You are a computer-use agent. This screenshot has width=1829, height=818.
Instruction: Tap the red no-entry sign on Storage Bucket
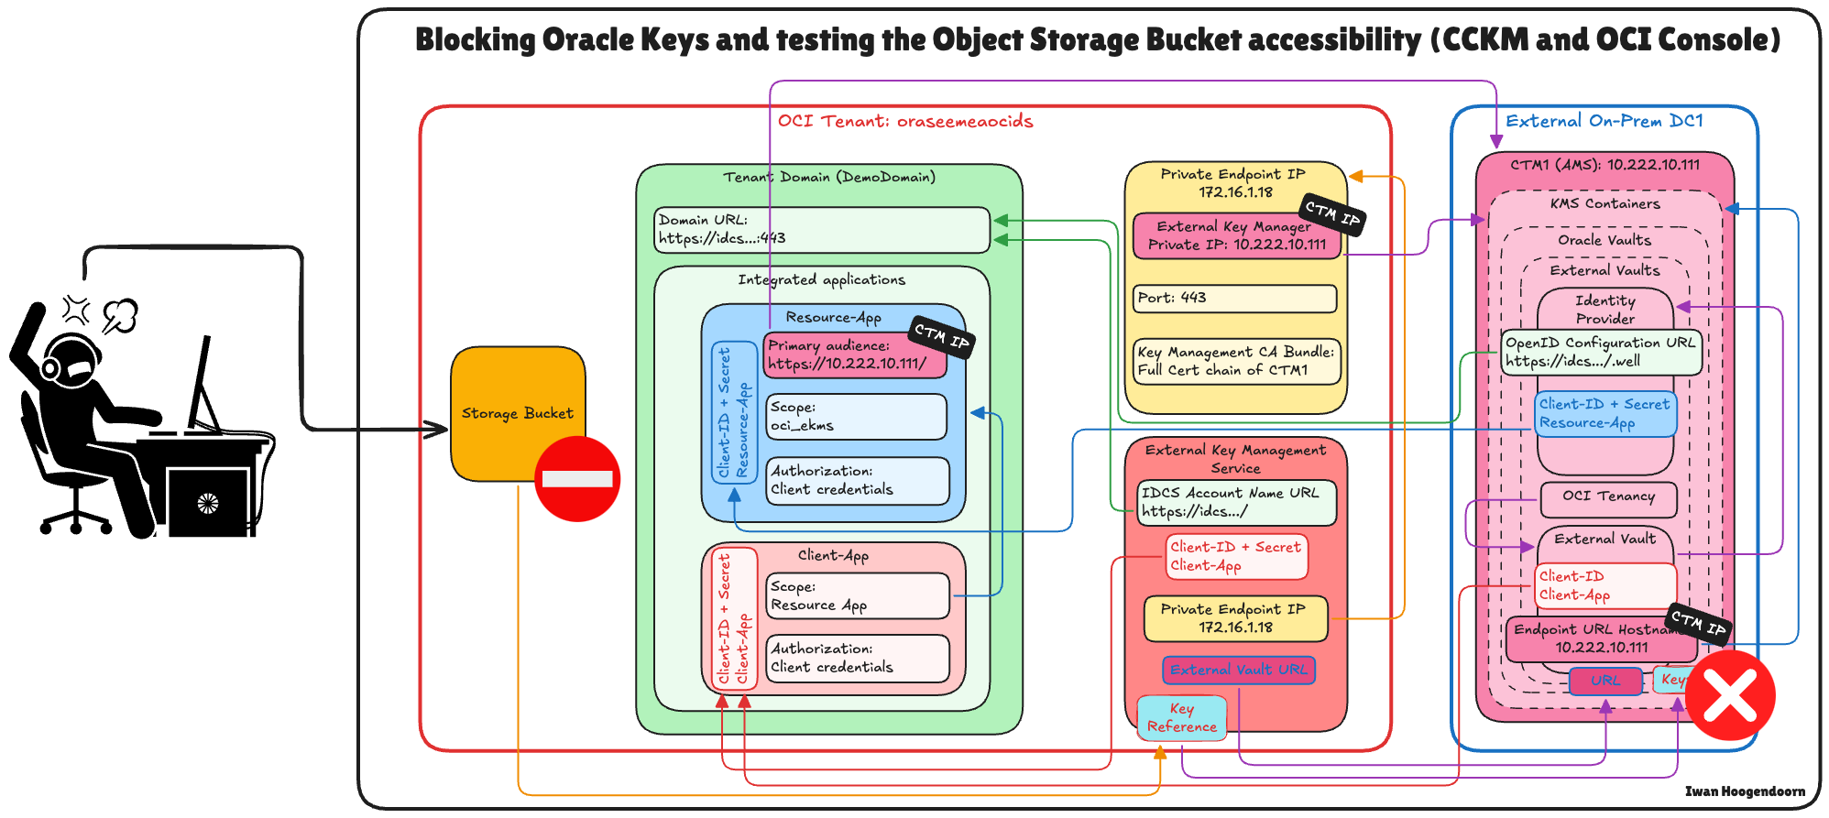point(577,479)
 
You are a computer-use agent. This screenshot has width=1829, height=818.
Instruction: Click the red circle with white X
point(1730,695)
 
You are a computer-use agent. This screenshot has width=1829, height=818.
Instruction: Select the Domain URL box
point(822,230)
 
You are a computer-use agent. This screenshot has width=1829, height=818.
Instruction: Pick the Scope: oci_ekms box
point(856,417)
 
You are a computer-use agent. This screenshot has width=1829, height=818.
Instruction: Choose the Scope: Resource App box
point(857,596)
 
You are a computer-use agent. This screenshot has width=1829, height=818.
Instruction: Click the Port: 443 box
point(1234,299)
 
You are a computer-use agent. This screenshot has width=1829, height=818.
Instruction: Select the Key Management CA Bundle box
point(1236,362)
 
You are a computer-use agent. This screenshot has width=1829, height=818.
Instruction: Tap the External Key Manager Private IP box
point(1236,236)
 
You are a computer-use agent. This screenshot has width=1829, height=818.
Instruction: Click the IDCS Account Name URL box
point(1236,503)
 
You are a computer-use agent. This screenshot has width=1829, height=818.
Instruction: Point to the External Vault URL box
point(1239,671)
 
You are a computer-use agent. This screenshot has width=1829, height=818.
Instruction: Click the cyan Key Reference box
point(1181,718)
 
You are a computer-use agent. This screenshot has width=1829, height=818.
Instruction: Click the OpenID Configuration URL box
point(1601,353)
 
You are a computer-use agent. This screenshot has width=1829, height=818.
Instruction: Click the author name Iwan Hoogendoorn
point(1745,791)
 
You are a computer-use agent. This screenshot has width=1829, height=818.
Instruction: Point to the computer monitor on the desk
point(202,385)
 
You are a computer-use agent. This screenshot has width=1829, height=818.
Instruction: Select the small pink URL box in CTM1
point(1604,681)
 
